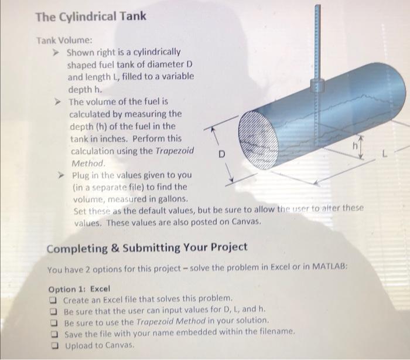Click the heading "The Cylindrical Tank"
(90, 16)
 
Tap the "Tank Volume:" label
(64, 40)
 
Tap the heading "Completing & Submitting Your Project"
(146, 247)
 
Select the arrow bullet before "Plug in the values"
(60, 175)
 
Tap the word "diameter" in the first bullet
(159, 64)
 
